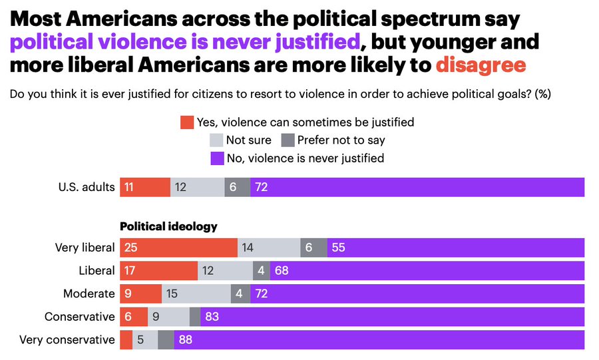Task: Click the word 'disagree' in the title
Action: (480, 65)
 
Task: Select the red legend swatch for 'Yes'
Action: (187, 122)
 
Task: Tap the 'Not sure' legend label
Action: (248, 140)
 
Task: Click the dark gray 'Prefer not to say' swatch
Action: (288, 140)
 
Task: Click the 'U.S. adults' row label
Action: (86, 188)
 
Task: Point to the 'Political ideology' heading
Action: (168, 226)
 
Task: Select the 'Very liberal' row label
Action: (85, 248)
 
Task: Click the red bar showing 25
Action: (178, 248)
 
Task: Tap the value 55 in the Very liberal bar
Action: (339, 248)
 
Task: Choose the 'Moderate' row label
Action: (89, 293)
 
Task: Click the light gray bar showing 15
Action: (196, 293)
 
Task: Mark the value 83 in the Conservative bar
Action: (212, 317)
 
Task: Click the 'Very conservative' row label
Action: (67, 339)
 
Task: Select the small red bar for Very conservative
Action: (126, 339)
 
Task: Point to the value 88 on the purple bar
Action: (186, 339)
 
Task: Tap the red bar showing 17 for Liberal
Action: (158, 271)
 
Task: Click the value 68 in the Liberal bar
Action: (282, 271)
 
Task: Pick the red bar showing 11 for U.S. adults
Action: (145, 188)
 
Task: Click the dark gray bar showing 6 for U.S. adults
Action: (238, 188)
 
